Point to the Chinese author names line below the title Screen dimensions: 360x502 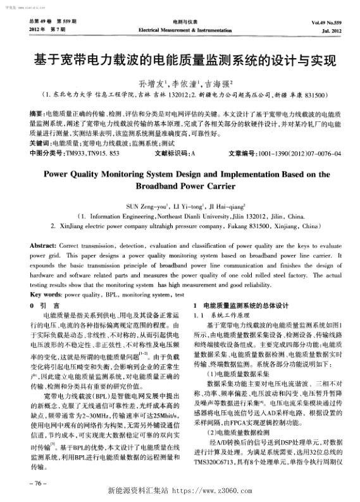click(179, 83)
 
